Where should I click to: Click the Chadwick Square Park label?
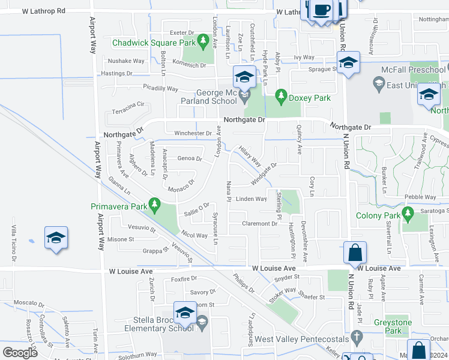coord(154,43)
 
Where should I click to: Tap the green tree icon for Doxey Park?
coord(280,95)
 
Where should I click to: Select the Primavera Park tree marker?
coord(155,206)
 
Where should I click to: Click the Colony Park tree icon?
coord(408,213)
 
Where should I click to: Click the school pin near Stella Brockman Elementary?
coord(185,312)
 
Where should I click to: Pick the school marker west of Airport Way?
coord(56,238)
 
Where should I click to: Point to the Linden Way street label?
coord(251,199)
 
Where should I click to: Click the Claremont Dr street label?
coord(259,224)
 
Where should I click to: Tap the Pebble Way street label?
coord(420,197)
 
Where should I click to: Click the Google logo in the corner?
coord(20,353)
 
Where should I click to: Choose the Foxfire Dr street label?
coord(184,279)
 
